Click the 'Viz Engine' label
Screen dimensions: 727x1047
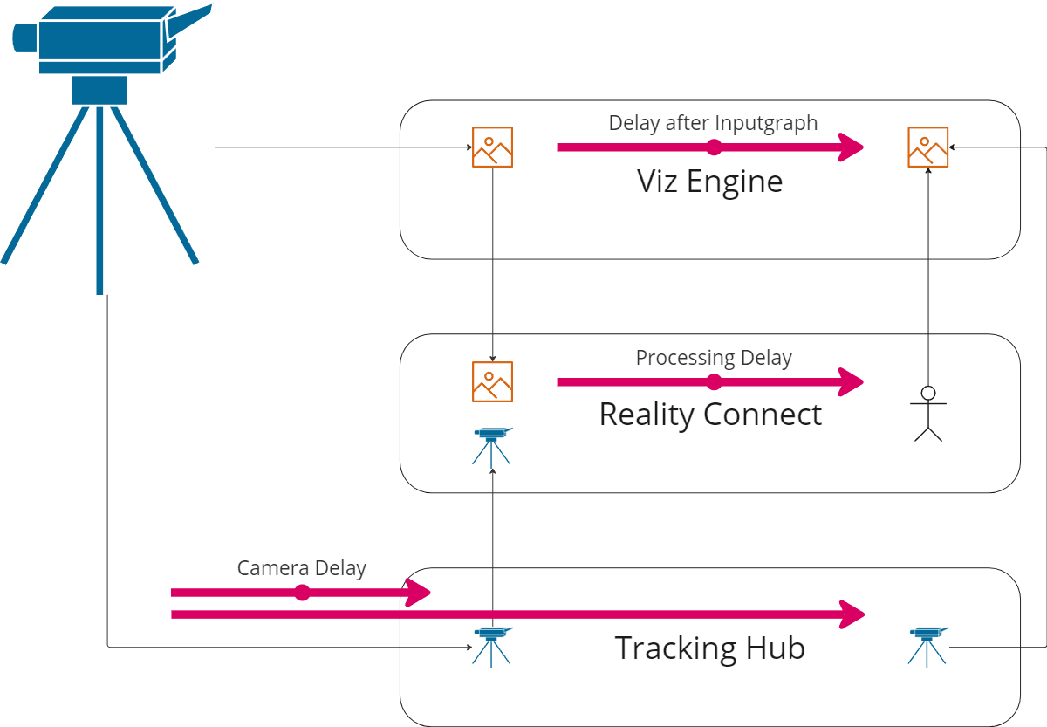[709, 182]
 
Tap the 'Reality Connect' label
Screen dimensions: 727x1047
[710, 415]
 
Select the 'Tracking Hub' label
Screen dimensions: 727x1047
[709, 648]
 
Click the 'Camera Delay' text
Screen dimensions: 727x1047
[301, 569]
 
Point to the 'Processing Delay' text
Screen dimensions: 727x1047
[713, 358]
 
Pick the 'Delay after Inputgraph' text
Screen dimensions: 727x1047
[713, 123]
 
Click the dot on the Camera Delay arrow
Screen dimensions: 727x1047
[302, 593]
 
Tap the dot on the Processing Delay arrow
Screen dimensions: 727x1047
[714, 381]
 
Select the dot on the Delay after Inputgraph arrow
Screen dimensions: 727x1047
[714, 147]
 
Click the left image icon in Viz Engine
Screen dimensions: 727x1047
[492, 147]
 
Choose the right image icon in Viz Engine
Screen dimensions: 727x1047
[927, 147]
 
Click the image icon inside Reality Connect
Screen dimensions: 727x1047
[492, 381]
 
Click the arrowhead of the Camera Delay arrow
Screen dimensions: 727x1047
[420, 593]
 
